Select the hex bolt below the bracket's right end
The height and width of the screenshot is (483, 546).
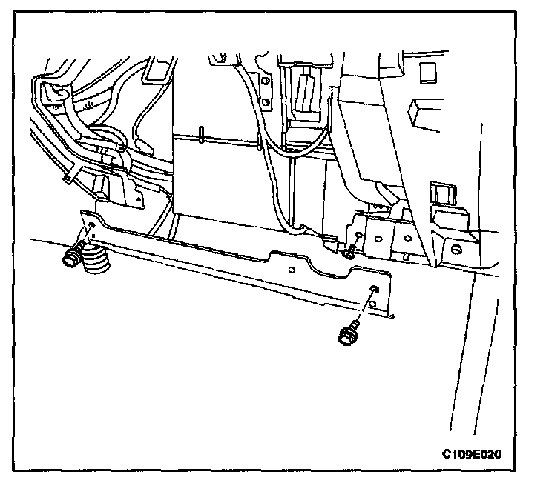coord(347,334)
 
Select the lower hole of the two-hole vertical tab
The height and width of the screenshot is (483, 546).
coord(266,101)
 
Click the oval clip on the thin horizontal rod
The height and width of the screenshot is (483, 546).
coord(202,135)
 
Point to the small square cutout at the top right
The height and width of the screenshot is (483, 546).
coord(427,73)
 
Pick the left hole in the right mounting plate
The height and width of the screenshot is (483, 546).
coord(378,239)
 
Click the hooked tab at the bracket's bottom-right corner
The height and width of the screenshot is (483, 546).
coord(391,318)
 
